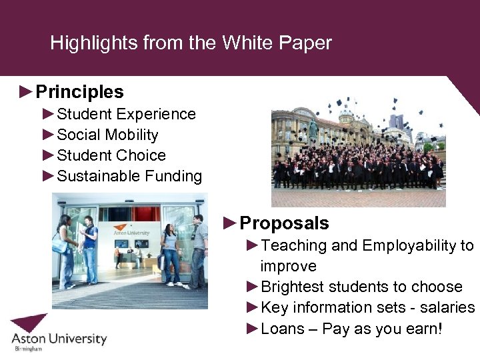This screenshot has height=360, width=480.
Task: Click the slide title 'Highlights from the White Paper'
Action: click(191, 43)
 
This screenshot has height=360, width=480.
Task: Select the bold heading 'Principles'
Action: click(79, 92)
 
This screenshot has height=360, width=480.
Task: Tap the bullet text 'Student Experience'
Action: click(126, 114)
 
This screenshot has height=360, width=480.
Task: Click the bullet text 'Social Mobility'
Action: click(107, 135)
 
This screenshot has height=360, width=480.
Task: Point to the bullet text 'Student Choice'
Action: click(111, 155)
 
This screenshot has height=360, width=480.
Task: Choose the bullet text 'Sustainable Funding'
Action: click(129, 176)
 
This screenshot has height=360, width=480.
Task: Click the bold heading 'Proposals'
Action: click(284, 223)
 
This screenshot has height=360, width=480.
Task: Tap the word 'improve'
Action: click(288, 266)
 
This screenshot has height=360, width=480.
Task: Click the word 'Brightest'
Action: click(295, 287)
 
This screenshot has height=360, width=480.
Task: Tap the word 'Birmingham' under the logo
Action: click(27, 349)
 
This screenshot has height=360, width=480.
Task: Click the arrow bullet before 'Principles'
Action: click(27, 92)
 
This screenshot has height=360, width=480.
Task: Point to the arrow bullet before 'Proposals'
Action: click(231, 223)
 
